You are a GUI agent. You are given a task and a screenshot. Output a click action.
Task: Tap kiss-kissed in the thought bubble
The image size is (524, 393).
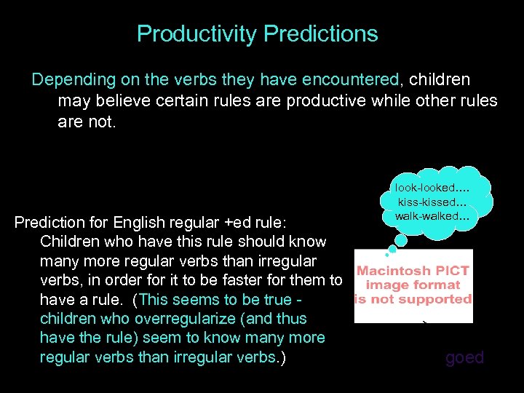click(x=428, y=202)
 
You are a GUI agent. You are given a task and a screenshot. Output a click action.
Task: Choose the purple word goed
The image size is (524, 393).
click(x=464, y=357)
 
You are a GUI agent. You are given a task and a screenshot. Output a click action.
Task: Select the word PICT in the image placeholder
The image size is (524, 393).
click(x=453, y=271)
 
